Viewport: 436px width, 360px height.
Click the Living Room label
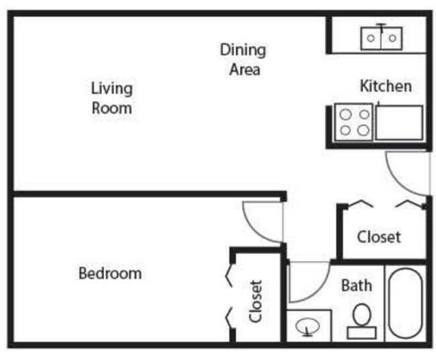click(x=111, y=97)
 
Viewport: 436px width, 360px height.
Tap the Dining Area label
click(x=243, y=59)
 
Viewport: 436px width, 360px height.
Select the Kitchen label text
click(x=386, y=86)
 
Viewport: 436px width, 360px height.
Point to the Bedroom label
click(x=110, y=273)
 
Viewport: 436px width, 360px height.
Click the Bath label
click(x=356, y=285)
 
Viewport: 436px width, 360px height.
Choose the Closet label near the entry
click(x=378, y=237)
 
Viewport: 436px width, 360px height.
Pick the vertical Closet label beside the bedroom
click(x=256, y=301)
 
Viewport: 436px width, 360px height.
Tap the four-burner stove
click(x=353, y=122)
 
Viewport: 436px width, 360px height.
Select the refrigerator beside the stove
click(x=398, y=122)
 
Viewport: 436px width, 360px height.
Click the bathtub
click(x=405, y=303)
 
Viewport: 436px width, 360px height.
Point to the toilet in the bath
click(x=362, y=319)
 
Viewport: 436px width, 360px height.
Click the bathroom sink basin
click(x=309, y=327)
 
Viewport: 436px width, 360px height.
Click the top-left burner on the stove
click(x=345, y=115)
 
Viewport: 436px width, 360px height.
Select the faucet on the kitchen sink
click(x=380, y=27)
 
